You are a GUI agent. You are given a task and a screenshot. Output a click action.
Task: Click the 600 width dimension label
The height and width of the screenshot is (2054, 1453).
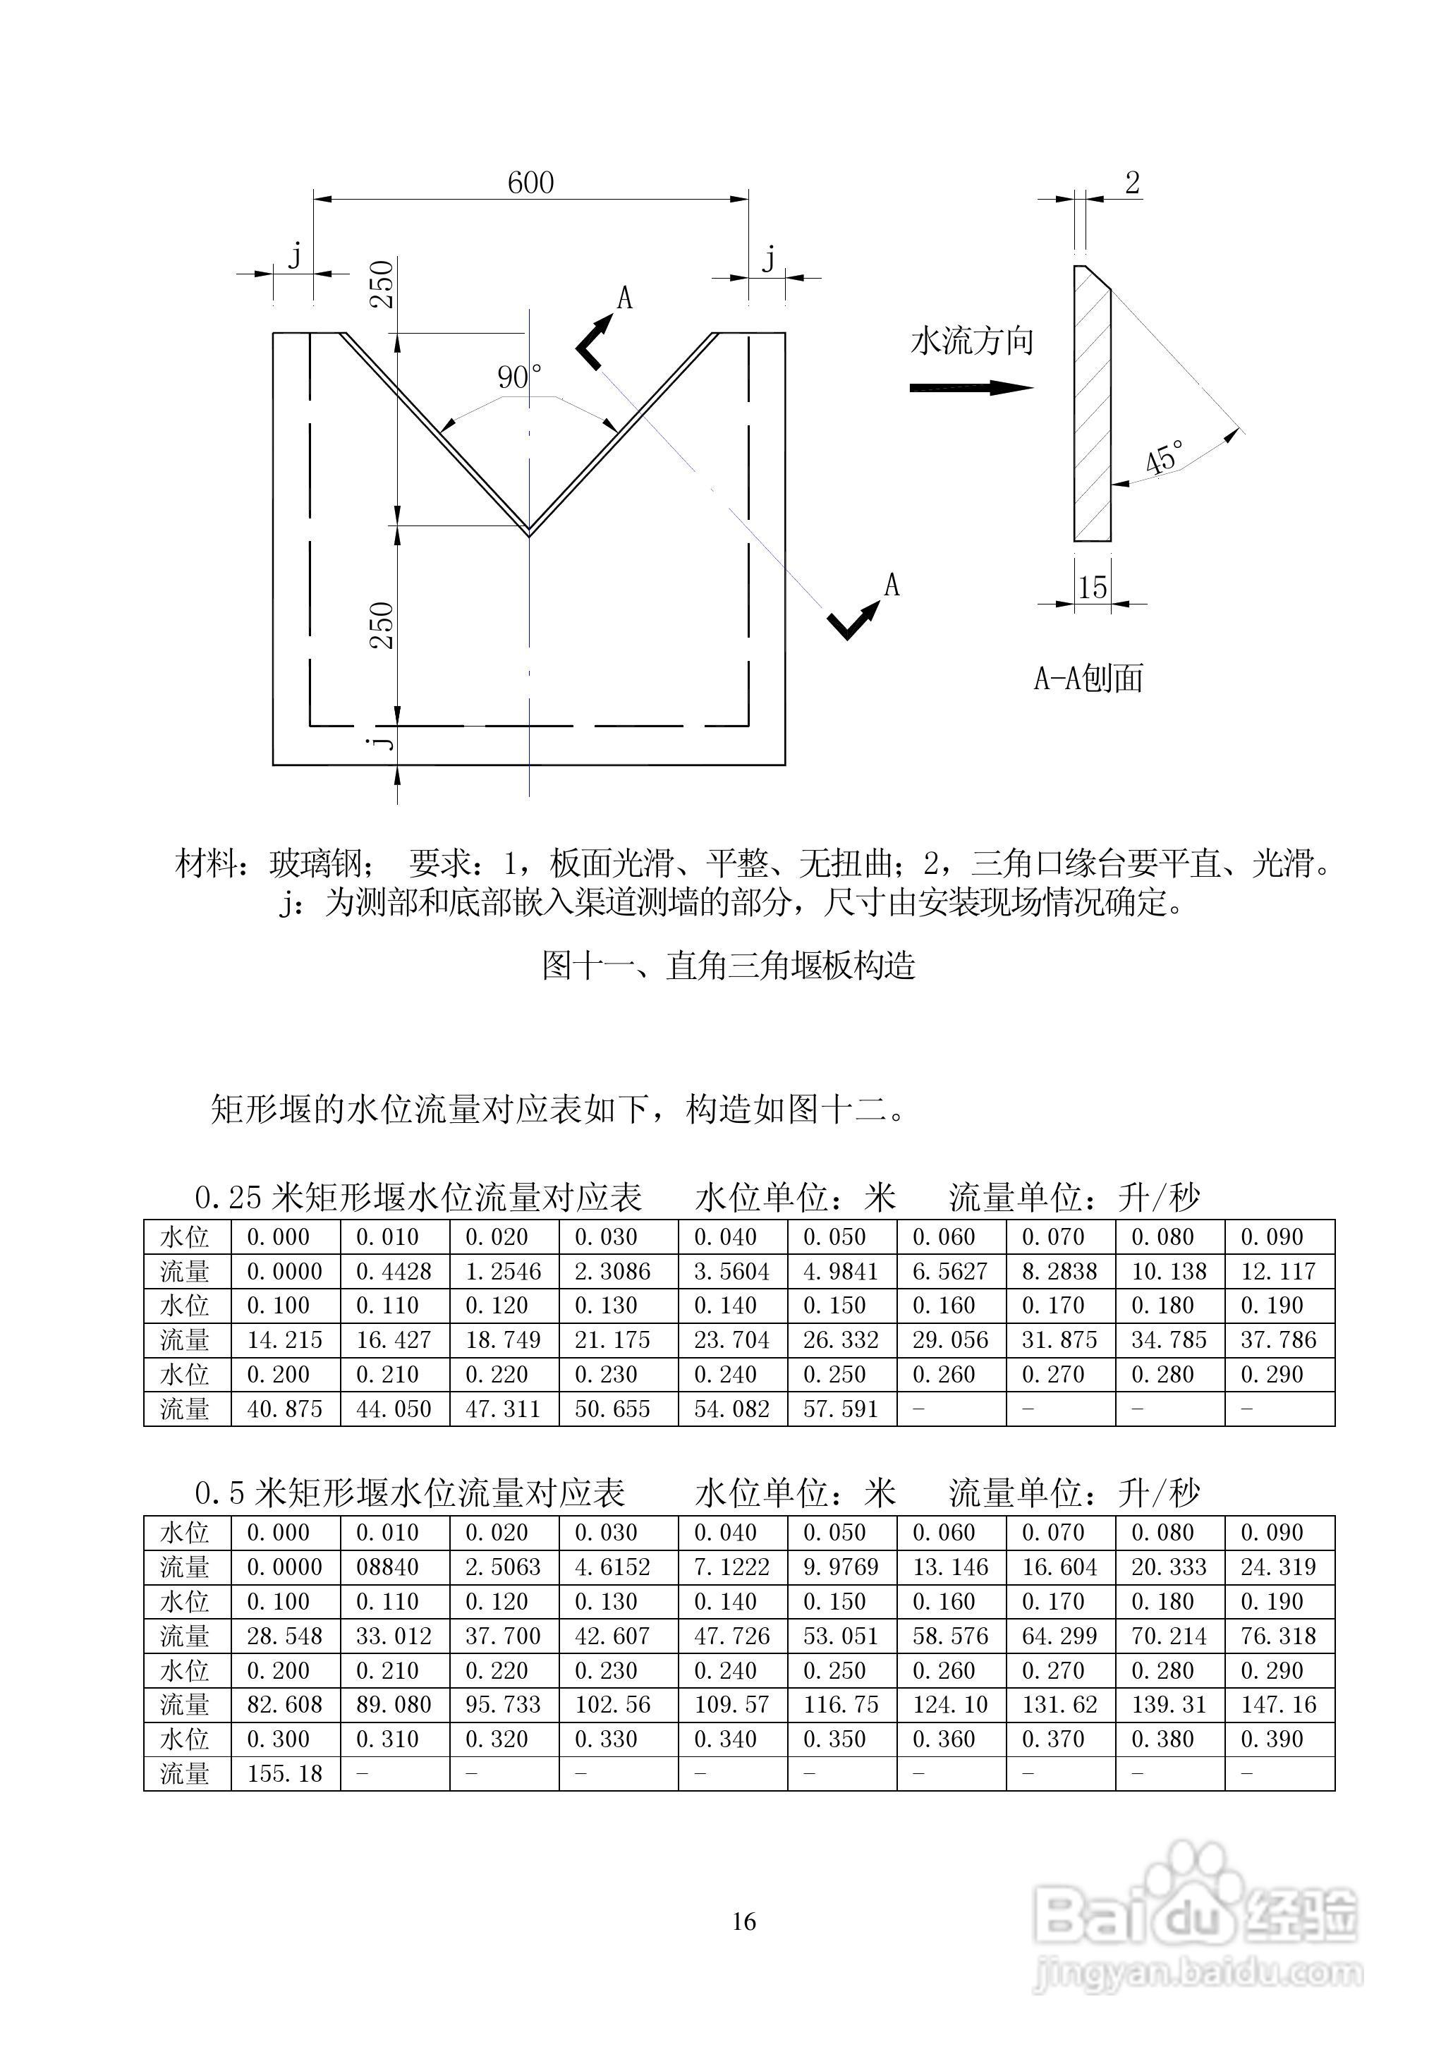pyautogui.click(x=530, y=183)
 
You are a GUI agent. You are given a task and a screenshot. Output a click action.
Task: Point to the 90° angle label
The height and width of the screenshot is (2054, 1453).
pyautogui.click(x=519, y=377)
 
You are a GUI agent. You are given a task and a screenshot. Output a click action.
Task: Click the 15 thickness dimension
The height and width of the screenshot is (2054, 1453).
pyautogui.click(x=1093, y=588)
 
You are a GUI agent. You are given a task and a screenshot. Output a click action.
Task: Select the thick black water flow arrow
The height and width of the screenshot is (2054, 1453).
pyautogui.click(x=971, y=387)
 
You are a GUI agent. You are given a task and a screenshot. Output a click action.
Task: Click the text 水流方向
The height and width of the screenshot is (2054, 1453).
pyautogui.click(x=972, y=341)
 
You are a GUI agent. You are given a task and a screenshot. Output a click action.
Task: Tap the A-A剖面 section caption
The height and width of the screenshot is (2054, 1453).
pyautogui.click(x=1089, y=679)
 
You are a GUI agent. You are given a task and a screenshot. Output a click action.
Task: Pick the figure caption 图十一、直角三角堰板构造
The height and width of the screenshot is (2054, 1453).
pyautogui.click(x=729, y=966)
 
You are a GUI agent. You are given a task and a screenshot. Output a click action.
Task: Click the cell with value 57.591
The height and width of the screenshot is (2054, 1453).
pyautogui.click(x=840, y=1409)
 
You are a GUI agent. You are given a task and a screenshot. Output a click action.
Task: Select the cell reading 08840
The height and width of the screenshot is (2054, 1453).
pyautogui.click(x=394, y=1567)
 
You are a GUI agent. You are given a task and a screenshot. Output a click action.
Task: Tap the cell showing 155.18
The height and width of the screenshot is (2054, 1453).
pyautogui.click(x=284, y=1773)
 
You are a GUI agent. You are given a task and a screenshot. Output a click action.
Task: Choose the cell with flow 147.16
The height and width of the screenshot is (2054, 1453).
pyautogui.click(x=1279, y=1704)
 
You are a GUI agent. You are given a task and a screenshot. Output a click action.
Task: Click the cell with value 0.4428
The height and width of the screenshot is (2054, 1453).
pyautogui.click(x=394, y=1271)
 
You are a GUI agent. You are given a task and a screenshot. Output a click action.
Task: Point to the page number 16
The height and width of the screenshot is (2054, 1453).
pyautogui.click(x=743, y=1921)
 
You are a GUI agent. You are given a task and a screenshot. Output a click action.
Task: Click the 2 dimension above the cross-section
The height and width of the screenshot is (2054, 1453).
pyautogui.click(x=1132, y=183)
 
